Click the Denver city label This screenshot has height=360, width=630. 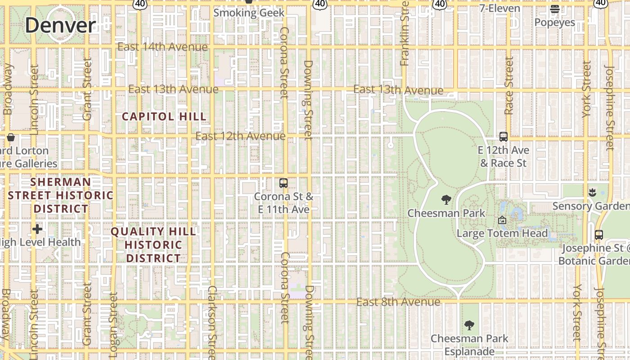(x=60, y=25)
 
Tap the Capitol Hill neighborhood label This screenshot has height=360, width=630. (x=164, y=117)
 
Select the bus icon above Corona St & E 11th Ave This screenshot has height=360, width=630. (x=283, y=183)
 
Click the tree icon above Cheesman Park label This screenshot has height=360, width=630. (x=446, y=199)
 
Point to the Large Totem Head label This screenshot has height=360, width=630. (x=502, y=233)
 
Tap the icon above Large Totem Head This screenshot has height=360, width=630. (x=502, y=220)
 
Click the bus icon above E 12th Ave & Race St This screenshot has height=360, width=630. (x=504, y=136)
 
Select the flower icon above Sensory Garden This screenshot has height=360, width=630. (x=592, y=193)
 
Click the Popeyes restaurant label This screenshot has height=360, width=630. (x=554, y=22)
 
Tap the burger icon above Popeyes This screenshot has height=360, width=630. (x=554, y=9)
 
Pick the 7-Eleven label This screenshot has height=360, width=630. (x=499, y=8)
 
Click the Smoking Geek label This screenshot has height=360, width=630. (x=249, y=13)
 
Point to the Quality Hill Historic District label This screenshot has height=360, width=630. (x=153, y=245)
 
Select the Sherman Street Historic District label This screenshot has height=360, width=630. (x=61, y=195)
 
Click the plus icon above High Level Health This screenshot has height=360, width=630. (x=37, y=229)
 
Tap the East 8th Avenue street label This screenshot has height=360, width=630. (x=398, y=302)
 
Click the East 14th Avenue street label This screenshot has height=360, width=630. (x=162, y=47)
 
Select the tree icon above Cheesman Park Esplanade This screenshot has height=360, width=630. (x=469, y=325)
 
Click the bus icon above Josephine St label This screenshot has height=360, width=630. (x=598, y=234)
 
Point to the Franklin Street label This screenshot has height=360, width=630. (x=405, y=34)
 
